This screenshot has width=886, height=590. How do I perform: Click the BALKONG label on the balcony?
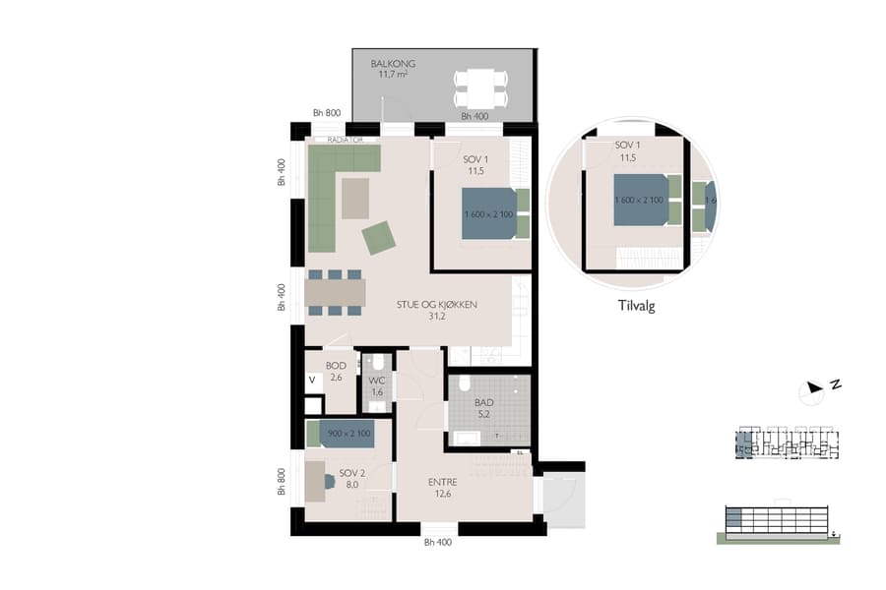pos(393,64)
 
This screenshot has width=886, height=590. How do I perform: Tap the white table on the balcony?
pos(480,88)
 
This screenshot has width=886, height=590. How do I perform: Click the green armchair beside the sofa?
pos(379,237)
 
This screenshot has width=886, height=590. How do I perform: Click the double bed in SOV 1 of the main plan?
pos(489,213)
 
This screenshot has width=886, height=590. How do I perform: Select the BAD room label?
pos(482,404)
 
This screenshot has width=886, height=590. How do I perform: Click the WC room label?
pos(376,381)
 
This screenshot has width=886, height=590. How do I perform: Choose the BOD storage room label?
pos(335,366)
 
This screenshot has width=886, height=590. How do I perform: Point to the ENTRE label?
pos(441,482)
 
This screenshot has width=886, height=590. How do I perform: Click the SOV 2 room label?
pos(351,473)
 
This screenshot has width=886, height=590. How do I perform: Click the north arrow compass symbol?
pos(813,390)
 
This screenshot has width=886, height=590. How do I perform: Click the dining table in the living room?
pos(335,293)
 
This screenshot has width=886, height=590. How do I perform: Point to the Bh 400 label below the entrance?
pos(437,542)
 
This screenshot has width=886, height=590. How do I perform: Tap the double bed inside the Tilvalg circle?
pos(641,200)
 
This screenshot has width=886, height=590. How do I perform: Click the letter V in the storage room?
pos(312,380)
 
